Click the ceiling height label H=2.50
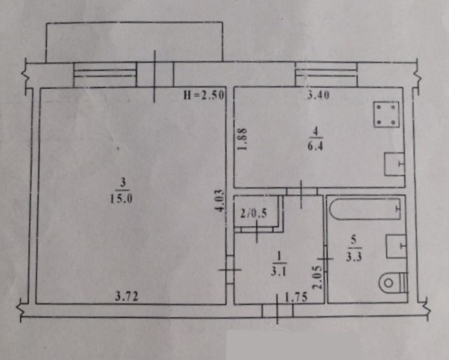tap(204, 95)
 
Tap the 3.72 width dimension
tap(127, 296)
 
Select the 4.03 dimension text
tap(220, 201)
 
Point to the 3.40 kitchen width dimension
tap(318, 94)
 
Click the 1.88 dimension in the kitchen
tap(242, 139)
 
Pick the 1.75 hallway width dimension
tap(296, 297)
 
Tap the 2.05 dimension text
tap(318, 278)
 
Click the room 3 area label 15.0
tap(121, 199)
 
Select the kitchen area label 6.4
tap(315, 146)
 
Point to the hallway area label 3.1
tap(279, 271)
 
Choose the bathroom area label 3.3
tap(354, 257)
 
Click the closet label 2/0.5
tap(254, 213)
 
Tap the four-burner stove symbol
tap(386, 114)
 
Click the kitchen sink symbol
tap(394, 165)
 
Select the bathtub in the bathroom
tap(365, 208)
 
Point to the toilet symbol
tap(392, 283)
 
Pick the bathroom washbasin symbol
tap(396, 246)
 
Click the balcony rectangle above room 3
tap(134, 42)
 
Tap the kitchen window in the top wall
tap(326, 75)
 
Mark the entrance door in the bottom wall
tap(278, 311)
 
